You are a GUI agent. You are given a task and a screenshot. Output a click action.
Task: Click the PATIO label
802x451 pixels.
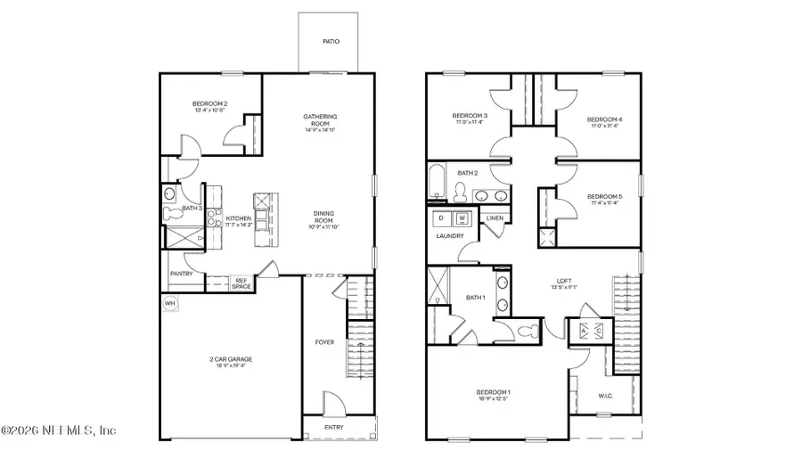click(331, 42)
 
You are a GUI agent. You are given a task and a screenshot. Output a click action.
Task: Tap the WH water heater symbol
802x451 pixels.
click(169, 303)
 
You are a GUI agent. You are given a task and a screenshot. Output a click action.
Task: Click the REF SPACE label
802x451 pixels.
click(241, 283)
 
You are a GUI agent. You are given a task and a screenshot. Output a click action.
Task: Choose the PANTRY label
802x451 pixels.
click(181, 275)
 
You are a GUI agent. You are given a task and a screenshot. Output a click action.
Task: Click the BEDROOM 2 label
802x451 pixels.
click(210, 104)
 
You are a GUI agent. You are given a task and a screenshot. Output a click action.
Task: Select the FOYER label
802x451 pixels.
click(323, 342)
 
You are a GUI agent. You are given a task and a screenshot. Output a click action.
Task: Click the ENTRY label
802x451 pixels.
click(333, 427)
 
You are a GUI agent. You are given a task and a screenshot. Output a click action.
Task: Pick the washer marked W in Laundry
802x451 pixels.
click(462, 218)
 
